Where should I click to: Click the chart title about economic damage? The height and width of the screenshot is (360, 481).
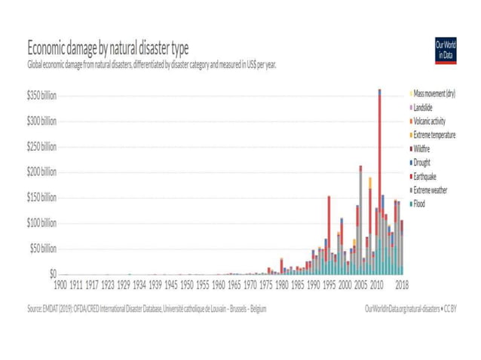pyautogui.click(x=108, y=49)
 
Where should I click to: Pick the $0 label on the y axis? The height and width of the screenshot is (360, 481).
pyautogui.click(x=52, y=274)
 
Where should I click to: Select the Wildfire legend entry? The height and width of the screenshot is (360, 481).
pyautogui.click(x=424, y=148)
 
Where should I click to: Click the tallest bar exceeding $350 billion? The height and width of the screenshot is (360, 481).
pyautogui.click(x=379, y=181)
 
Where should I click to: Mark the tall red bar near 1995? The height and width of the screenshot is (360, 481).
pyautogui.click(x=329, y=226)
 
